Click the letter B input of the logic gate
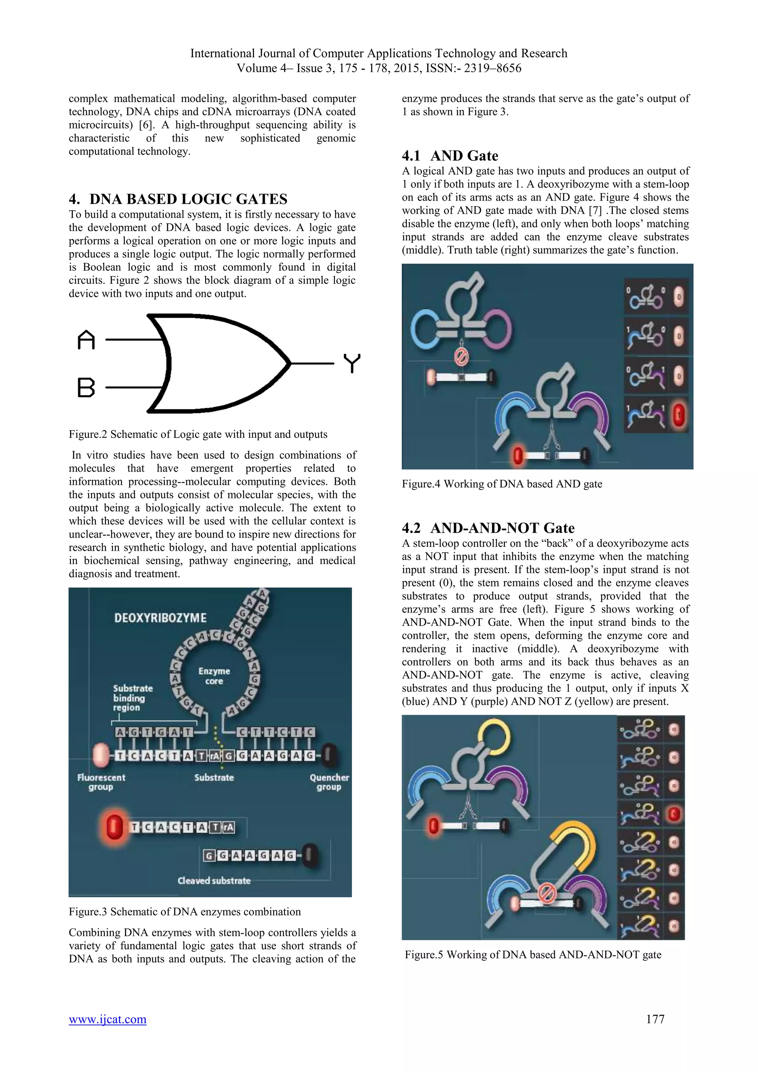(x=86, y=388)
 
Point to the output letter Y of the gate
(x=352, y=363)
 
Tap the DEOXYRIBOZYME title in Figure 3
(x=160, y=618)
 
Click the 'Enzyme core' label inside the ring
(x=214, y=676)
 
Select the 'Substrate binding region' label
(x=133, y=698)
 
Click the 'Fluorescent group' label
(x=101, y=782)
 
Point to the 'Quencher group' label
(x=329, y=782)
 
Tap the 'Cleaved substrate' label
(x=214, y=881)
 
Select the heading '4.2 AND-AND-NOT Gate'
(x=488, y=528)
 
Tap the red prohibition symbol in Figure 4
(x=461, y=358)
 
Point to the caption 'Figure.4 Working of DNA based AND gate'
(x=502, y=484)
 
